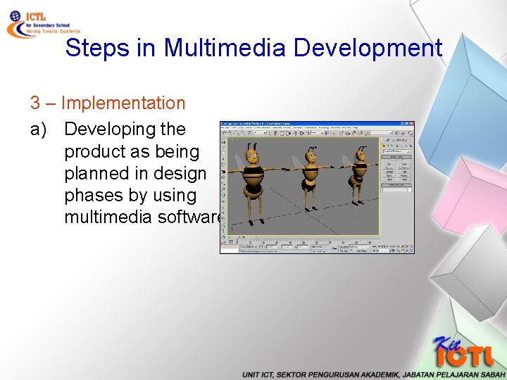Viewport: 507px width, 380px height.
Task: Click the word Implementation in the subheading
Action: click(123, 103)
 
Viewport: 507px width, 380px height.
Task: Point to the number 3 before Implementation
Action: click(35, 103)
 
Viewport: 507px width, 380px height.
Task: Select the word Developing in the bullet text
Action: click(125, 129)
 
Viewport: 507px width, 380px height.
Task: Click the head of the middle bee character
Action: click(308, 155)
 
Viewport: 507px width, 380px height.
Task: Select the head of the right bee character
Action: click(361, 155)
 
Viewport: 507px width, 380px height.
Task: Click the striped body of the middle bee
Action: click(308, 174)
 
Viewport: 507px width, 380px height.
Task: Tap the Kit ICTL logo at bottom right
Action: click(461, 353)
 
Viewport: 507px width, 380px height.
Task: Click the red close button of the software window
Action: click(411, 124)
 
